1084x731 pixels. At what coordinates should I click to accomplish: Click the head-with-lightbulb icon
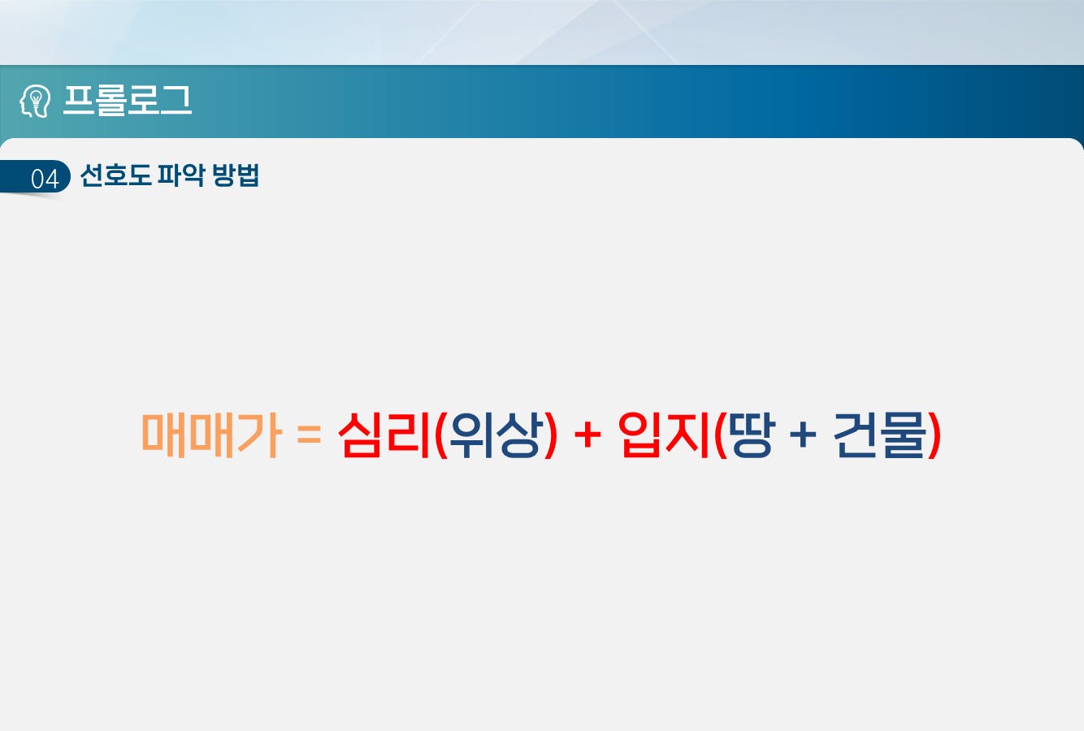35,101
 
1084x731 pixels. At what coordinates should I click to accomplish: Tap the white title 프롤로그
128,100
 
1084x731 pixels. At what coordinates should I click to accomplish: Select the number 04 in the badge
45,179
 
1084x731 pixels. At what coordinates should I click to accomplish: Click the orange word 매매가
211,435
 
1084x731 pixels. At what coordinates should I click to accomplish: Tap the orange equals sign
310,434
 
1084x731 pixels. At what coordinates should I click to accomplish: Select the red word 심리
384,435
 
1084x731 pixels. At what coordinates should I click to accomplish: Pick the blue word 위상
495,435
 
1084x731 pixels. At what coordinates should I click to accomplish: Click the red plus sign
588,434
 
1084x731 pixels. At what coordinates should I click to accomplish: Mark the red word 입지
664,435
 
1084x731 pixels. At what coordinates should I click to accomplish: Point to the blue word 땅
753,435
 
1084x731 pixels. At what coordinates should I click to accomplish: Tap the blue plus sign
804,434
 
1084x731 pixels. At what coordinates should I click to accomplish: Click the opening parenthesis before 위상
440,435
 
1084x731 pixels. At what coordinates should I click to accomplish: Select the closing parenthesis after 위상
551,435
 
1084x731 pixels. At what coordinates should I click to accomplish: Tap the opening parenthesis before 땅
721,435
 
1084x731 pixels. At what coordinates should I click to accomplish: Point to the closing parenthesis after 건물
934,435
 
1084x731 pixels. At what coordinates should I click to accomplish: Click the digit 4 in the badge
52,179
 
